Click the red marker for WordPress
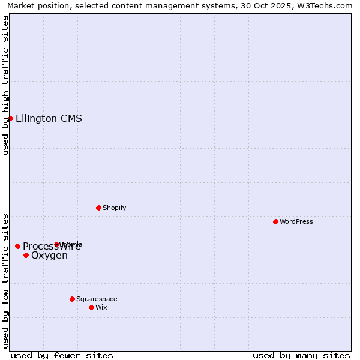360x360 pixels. pos(275,221)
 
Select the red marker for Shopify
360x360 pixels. pos(98,208)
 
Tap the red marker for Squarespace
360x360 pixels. pos(72,299)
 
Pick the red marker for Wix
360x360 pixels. pos(91,307)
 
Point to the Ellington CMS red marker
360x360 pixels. pos(10,118)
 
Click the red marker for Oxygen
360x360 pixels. pos(26,255)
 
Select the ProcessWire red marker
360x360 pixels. pos(17,246)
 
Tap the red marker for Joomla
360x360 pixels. pos(57,244)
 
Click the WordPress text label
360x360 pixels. pos(296,221)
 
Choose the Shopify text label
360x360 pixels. pos(115,208)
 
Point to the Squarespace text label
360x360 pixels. pos(97,299)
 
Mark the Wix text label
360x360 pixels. pos(101,307)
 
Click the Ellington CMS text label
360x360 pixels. pos(49,118)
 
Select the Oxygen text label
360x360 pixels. pos(49,256)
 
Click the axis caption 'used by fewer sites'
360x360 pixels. pos(62,355)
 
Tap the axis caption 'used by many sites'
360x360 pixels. pos(301,355)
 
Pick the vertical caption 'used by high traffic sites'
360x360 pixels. pos(6,85)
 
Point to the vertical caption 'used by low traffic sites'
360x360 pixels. pos(6,281)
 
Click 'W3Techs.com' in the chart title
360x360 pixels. pos(327,6)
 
